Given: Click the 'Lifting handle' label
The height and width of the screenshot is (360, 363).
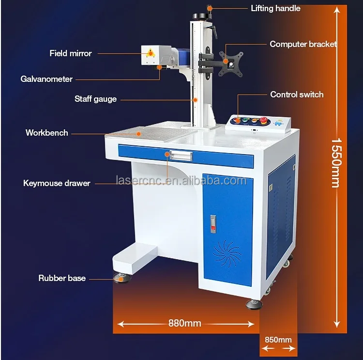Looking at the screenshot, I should coord(275,8).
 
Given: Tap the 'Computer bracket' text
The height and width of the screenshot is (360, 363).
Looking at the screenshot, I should coord(303,44).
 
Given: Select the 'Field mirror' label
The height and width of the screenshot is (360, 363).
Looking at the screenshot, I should coord(70,53).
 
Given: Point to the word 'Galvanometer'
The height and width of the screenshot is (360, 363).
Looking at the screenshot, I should coord(46,79).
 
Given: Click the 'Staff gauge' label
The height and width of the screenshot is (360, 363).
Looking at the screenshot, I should coord(95,99).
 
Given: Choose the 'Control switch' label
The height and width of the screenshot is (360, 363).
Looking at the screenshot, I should coord(297,94).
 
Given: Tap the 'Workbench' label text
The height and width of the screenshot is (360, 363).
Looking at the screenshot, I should coord(46,132).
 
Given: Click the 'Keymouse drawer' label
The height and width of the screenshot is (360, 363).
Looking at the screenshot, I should coord(57,183).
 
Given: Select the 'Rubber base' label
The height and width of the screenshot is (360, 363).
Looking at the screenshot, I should coord(62,278).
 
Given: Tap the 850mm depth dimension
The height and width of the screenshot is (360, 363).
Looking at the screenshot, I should coord(278,340).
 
